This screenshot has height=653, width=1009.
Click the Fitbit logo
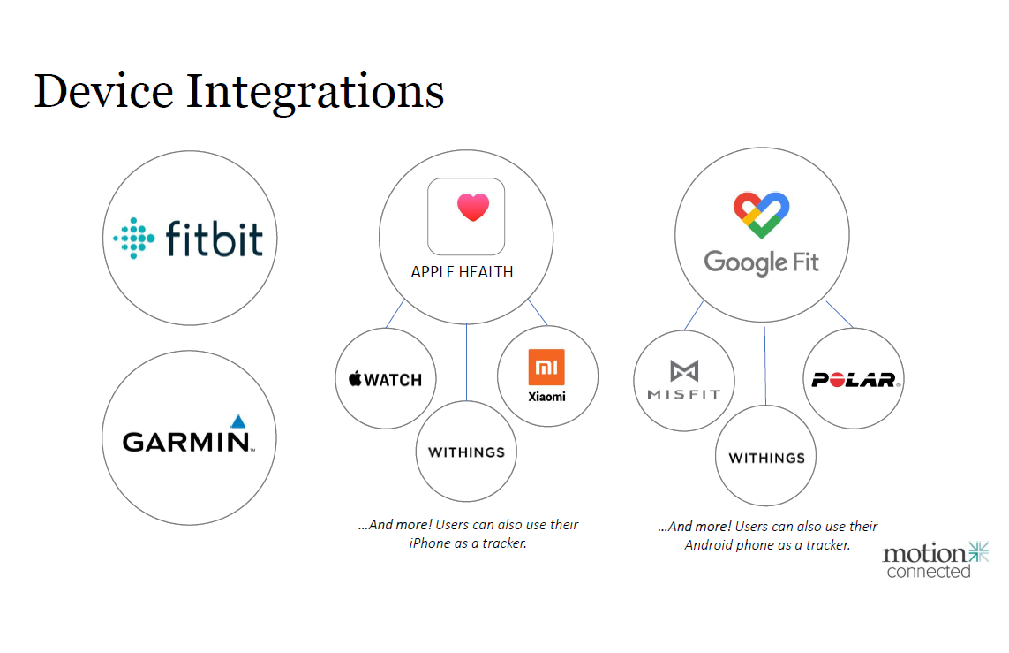tap(189, 238)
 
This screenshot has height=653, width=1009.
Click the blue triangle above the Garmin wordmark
tap(237, 421)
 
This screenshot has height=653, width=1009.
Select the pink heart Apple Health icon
tap(472, 208)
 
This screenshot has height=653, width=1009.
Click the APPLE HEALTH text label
tap(462, 272)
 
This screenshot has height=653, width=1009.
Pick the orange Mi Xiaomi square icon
tap(546, 367)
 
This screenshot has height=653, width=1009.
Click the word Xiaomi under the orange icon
tap(547, 396)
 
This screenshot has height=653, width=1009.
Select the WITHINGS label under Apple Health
tap(466, 452)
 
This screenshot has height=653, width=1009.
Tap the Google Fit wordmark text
tap(761, 262)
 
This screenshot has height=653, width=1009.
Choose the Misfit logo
tap(684, 380)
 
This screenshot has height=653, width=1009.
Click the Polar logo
tap(854, 380)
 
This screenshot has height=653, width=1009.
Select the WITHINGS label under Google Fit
tap(766, 458)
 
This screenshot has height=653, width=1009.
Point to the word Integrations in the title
tap(314, 93)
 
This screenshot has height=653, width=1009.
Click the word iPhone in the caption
tap(429, 543)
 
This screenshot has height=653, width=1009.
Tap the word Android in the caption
tap(710, 545)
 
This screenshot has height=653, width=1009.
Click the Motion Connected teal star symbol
tap(977, 552)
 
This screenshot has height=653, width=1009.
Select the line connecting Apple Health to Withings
tap(466, 362)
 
